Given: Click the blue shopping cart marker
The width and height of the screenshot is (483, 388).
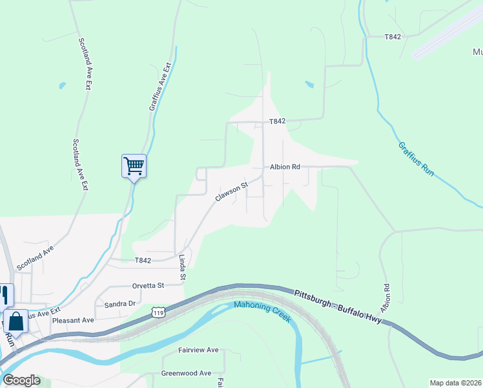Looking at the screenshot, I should [134, 166].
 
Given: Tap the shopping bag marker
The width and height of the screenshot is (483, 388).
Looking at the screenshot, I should [15, 321].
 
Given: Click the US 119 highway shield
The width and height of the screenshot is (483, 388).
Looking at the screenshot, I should [158, 312].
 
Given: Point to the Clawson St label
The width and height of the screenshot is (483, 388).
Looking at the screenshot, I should [231, 192].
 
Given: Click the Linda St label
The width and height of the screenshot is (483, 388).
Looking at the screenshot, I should [183, 268].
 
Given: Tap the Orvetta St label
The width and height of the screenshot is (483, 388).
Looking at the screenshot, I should [148, 285].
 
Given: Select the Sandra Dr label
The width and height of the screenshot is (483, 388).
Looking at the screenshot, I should [119, 303].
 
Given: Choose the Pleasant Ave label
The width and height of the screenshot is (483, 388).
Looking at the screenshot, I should [73, 320].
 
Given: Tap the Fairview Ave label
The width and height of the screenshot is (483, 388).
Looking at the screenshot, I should [198, 350].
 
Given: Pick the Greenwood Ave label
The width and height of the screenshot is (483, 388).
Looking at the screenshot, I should [186, 373].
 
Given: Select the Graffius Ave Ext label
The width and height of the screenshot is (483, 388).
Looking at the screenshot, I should [161, 86].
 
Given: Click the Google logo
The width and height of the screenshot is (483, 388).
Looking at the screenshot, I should [21, 380].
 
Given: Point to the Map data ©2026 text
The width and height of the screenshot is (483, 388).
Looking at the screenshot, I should [455, 383].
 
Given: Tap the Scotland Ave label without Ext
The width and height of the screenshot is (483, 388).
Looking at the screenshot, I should [35, 257].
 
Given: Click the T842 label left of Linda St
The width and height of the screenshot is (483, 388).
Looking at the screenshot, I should [143, 261].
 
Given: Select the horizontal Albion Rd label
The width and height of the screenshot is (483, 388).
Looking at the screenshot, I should [285, 167].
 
